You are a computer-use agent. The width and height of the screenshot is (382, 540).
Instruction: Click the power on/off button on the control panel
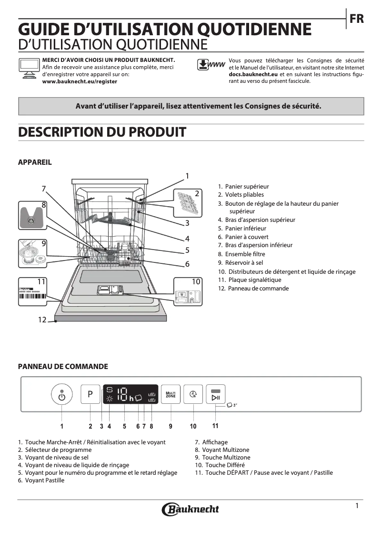(x=61, y=394)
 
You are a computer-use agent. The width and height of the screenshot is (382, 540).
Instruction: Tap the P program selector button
(x=90, y=394)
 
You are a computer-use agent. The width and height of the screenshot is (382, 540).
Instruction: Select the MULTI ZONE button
(x=171, y=394)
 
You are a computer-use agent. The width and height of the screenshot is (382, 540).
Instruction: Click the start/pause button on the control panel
(x=215, y=394)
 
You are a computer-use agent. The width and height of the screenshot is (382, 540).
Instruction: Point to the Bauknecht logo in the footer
(x=191, y=509)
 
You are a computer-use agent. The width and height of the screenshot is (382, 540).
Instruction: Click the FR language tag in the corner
(x=357, y=19)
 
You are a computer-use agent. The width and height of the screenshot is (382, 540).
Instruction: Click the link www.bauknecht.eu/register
(x=80, y=81)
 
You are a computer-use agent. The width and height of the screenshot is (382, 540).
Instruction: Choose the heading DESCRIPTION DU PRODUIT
(x=102, y=132)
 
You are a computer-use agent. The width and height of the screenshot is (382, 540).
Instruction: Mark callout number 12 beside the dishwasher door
(x=42, y=320)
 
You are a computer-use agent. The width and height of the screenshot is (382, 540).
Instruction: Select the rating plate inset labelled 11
(x=33, y=291)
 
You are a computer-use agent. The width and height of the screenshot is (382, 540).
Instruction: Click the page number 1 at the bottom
(x=357, y=506)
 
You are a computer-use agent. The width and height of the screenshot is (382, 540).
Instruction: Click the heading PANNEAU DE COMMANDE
(x=63, y=367)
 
